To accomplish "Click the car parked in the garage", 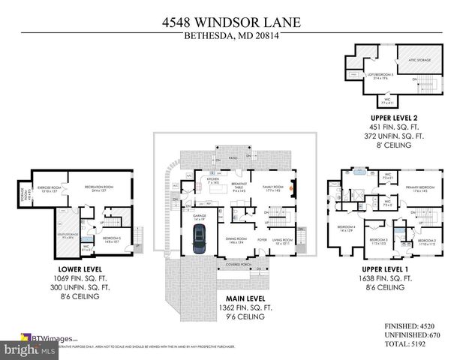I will pyautogui.click(x=199, y=238).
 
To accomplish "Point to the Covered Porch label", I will pyautogui.click(x=235, y=265).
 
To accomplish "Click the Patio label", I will pyautogui.click(x=233, y=158).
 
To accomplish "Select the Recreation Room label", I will pyautogui.click(x=97, y=187).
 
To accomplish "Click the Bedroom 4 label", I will pyautogui.click(x=346, y=227).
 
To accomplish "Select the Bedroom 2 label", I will pyautogui.click(x=427, y=241).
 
